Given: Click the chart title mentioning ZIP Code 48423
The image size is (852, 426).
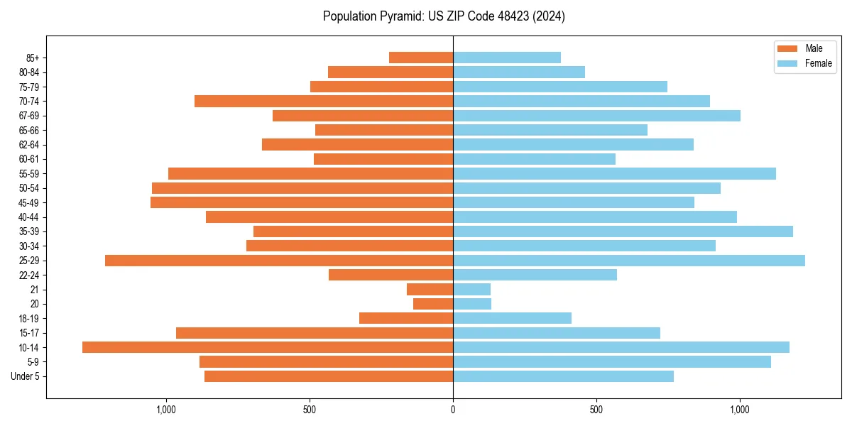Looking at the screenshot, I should pyautogui.click(x=444, y=16).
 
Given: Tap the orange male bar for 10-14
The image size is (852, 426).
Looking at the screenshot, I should pyautogui.click(x=268, y=347).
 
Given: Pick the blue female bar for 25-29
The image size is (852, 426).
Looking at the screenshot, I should pyautogui.click(x=629, y=261).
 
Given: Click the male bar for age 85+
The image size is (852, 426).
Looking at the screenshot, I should pyautogui.click(x=421, y=58).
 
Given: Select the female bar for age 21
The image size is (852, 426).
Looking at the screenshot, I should pyautogui.click(x=471, y=290).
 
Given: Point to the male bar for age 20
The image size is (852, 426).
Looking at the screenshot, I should pyautogui.click(x=433, y=304).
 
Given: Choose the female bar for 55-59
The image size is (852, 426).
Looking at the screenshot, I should pyautogui.click(x=614, y=173).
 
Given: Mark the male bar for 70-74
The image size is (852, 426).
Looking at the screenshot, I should pyautogui.click(x=324, y=101).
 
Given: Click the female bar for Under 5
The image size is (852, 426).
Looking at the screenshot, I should pyautogui.click(x=563, y=376).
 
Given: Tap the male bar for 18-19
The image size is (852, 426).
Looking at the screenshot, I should pyautogui.click(x=406, y=318).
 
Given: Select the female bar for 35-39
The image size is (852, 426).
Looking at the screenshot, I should pyautogui.click(x=623, y=231).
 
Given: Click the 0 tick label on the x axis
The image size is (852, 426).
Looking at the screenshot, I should pyautogui.click(x=453, y=410).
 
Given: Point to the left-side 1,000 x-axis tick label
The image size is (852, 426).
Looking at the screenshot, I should pyautogui.click(x=165, y=410).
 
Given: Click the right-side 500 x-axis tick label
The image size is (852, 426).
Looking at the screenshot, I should pyautogui.click(x=596, y=410).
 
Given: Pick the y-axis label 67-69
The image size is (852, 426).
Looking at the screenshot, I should pyautogui.click(x=29, y=116).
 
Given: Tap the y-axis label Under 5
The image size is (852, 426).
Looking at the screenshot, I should pyautogui.click(x=26, y=376).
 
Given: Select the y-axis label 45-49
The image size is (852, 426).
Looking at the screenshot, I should pyautogui.click(x=29, y=202).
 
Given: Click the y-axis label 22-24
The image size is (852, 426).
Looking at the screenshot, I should pyautogui.click(x=29, y=275).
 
